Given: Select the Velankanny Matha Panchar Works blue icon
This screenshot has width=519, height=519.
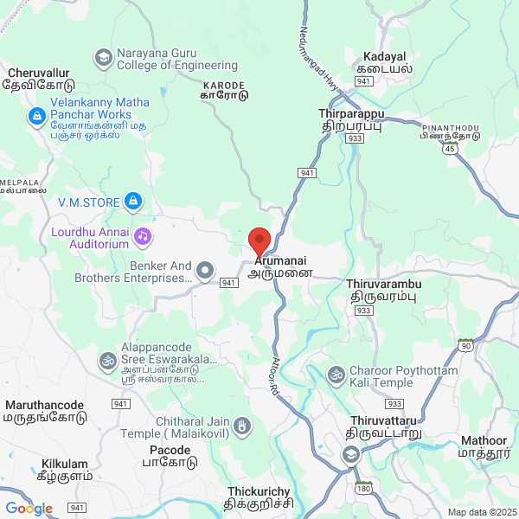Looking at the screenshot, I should tap(36, 115).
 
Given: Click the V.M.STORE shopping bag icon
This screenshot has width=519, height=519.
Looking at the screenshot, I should tap(132, 202).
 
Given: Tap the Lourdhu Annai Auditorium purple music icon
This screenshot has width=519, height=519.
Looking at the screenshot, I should tap(142, 234).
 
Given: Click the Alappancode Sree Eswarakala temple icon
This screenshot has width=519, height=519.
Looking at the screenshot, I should tap(108, 359).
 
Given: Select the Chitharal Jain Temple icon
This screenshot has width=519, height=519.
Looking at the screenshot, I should tap(243, 425).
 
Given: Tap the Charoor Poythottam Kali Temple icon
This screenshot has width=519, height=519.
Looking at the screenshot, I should tap(336, 375).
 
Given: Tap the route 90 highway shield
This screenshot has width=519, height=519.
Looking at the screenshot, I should tap(466, 346).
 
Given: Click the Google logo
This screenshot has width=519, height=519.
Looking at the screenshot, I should tap(29, 509).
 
